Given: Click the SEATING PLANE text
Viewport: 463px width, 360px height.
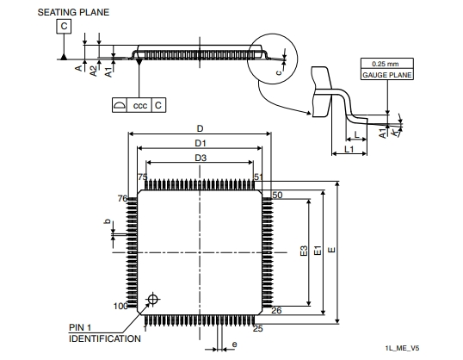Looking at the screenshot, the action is click(73, 12).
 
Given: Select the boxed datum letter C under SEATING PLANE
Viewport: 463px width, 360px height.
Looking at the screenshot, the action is click(64, 27).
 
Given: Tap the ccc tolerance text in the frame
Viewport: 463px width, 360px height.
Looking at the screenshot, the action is click(139, 106).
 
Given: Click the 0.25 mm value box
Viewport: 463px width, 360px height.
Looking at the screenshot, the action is click(386, 64).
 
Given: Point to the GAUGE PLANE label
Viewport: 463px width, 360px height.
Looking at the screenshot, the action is click(386, 75).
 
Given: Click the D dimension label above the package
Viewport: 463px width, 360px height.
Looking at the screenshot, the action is click(201, 128).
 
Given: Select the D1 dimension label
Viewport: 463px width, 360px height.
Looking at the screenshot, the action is click(201, 143).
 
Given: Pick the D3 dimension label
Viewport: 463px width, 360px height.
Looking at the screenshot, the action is click(201, 158).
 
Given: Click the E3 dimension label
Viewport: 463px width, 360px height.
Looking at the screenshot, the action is click(304, 251).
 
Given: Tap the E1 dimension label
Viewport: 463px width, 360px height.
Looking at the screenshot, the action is click(318, 251).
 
